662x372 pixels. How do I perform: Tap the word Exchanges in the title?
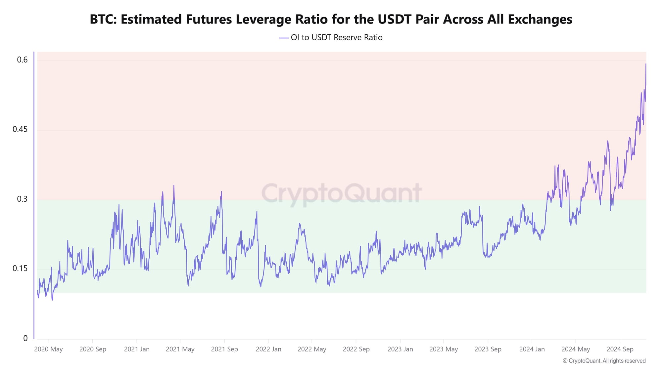tap(540, 20)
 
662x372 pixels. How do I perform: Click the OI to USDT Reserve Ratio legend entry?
tap(336, 38)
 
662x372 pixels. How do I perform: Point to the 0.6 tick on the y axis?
tap(23, 60)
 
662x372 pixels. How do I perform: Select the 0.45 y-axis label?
tap(20, 129)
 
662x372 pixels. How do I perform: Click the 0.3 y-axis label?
tap(23, 199)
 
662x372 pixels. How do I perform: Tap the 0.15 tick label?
tap(20, 269)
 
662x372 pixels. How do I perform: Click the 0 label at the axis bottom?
tap(25, 338)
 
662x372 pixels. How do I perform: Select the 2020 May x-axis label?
tap(48, 349)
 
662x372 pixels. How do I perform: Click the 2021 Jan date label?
tap(137, 349)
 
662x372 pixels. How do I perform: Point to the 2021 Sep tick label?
tap(224, 349)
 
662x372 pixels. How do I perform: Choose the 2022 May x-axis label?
tap(312, 349)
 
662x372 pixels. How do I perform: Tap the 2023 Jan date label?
tap(400, 349)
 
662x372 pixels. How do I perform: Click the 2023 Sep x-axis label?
tap(488, 349)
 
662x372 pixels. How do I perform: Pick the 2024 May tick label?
tap(576, 349)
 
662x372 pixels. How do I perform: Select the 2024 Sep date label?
tap(620, 349)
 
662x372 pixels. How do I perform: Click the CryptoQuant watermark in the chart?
tap(341, 193)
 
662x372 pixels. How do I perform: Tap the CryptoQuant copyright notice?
tap(604, 361)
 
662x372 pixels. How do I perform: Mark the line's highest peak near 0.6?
tap(646, 64)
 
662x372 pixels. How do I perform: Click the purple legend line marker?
tap(284, 38)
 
